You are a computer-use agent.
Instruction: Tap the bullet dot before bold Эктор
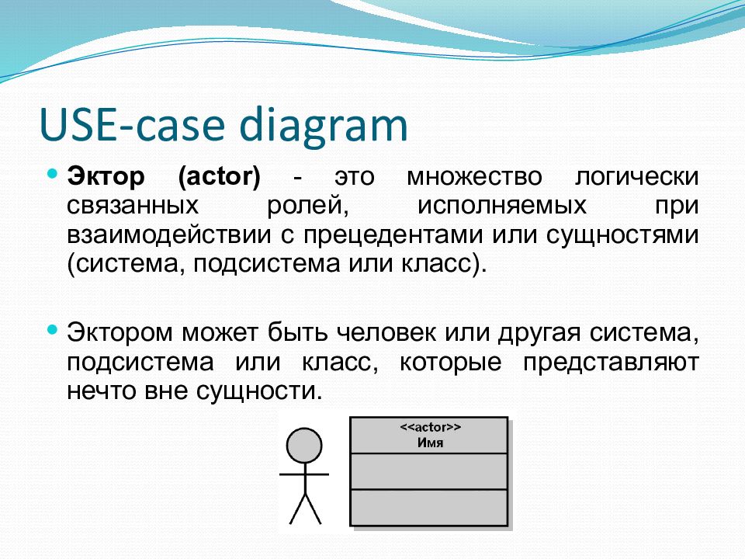53,172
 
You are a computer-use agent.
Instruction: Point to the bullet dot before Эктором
53,329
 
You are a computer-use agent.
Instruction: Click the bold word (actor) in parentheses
220,177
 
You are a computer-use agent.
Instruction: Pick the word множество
475,177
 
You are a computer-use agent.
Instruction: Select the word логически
636,178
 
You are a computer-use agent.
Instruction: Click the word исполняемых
502,207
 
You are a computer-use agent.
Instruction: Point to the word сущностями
622,236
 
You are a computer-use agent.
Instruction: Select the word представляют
611,363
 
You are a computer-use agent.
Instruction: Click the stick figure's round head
304,446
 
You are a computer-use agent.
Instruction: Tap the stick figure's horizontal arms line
304,474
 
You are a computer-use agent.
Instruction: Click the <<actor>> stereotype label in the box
431,427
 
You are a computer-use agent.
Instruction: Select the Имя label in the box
431,443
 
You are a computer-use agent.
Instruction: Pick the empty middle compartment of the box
429,471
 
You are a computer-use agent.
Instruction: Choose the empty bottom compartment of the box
429,507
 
